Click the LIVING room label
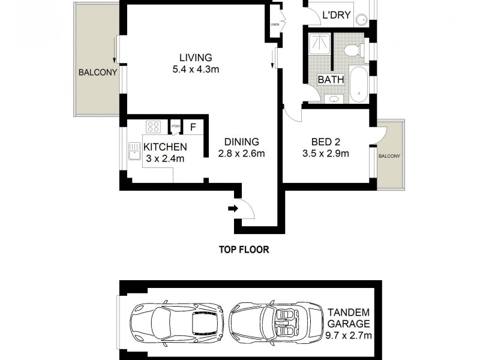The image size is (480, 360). tap(196, 58)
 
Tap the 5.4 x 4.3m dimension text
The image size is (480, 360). tap(196, 69)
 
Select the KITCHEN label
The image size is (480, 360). tap(164, 147)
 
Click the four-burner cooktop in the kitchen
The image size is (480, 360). tap(154, 127)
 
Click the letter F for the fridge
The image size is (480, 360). tap(193, 127)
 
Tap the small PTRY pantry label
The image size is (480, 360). tap(175, 127)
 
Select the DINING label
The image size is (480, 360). tap(241, 142)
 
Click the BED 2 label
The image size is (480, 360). tap(326, 142)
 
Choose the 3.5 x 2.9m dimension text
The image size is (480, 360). tap(326, 154)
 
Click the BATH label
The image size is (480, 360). tap(330, 79)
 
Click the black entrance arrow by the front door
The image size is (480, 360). tap(233, 209)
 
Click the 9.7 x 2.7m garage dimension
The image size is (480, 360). tap(349, 335)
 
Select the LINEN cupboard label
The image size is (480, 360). tap(275, 25)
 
